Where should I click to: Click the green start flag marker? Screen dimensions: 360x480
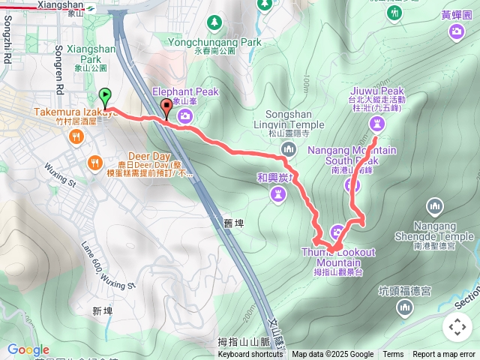105,97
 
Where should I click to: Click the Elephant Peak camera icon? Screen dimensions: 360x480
186,115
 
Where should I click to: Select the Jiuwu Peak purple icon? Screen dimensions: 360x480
376,124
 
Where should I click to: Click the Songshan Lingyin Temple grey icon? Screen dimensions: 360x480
289,150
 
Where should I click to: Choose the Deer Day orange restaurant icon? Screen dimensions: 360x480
94,162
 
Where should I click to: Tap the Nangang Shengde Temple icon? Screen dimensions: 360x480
434,205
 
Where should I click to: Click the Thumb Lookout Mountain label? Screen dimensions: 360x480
337,257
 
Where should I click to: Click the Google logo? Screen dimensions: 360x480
28,349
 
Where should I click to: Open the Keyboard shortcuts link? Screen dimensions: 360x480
250,355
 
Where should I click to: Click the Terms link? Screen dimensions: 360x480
393,355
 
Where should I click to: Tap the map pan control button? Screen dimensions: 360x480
457,327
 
